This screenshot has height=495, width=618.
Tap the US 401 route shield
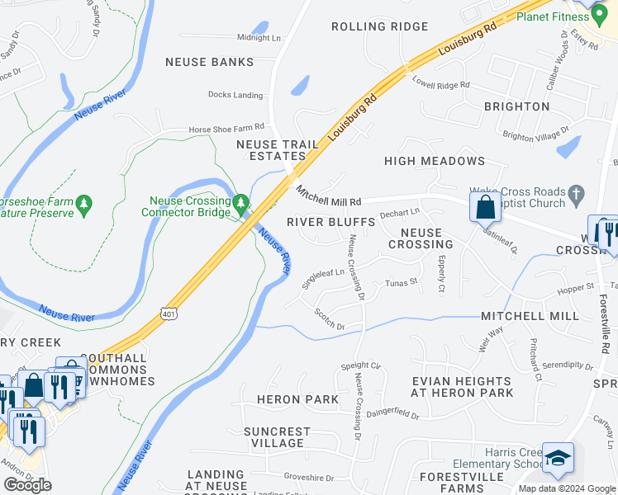coord(169,313)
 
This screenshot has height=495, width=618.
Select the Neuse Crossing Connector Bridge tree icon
coord(240,202)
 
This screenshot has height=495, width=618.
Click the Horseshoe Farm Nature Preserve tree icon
coord(83,203)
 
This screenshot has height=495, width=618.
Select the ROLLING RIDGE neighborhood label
coord(379,26)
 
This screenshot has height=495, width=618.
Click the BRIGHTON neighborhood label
coord(516,106)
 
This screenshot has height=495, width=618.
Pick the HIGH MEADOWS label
coord(434,161)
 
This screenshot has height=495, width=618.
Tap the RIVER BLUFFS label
coord(330,222)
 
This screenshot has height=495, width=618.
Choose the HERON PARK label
coord(297,399)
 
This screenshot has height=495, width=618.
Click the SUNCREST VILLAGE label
coord(277,437)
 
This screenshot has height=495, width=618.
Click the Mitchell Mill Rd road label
coord(329,196)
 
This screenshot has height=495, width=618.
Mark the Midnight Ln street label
coord(259,38)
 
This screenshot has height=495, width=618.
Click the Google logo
coord(27,485)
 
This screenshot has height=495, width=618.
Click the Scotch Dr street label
coord(329,319)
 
